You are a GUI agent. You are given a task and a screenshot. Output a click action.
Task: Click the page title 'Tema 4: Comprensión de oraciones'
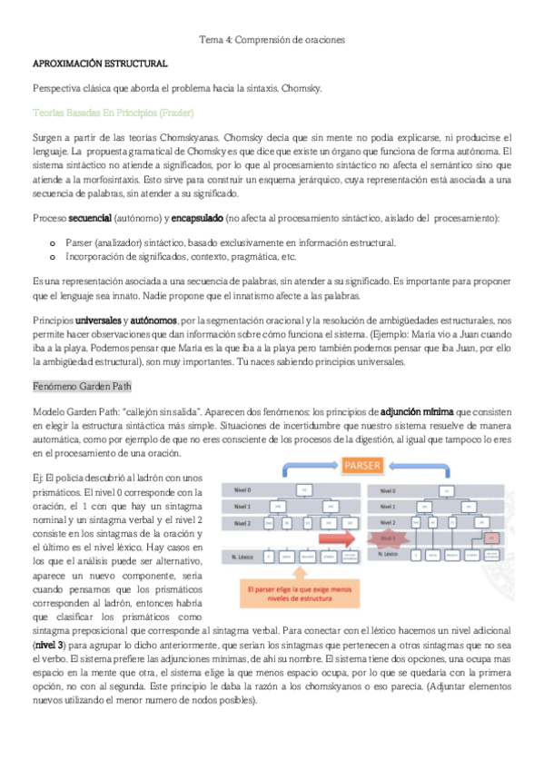click(x=272, y=40)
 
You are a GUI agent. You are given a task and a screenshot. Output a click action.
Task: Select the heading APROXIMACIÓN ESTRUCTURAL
click(x=100, y=64)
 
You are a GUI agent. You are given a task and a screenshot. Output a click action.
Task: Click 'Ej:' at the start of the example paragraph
click(x=36, y=477)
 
